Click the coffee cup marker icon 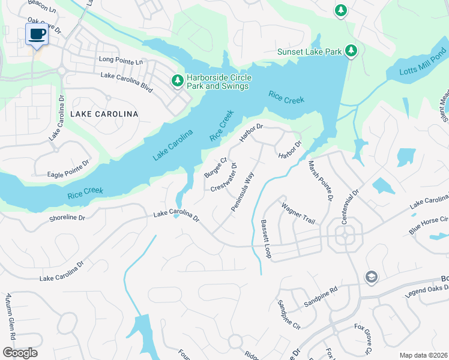37,34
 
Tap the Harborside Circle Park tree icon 177,80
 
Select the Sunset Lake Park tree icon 351,52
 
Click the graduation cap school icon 371,277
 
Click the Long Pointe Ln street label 122,61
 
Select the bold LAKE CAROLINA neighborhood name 104,113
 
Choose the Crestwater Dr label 224,178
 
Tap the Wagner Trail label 298,214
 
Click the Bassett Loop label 265,239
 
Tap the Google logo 20,352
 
